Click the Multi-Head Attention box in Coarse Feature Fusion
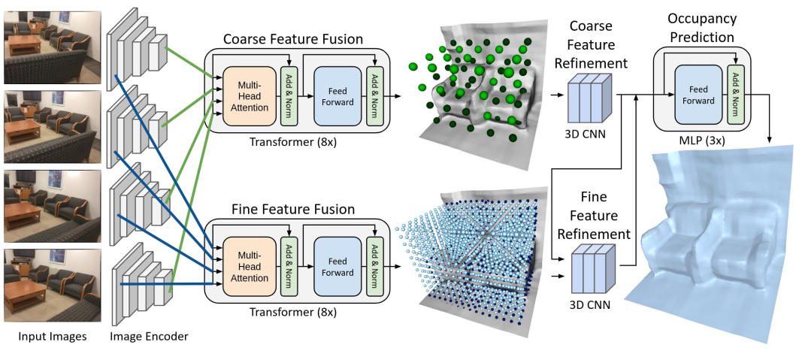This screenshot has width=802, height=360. click(x=246, y=95)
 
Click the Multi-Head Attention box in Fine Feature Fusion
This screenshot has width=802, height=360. click(x=246, y=267)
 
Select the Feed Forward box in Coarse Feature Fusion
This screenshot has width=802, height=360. click(x=337, y=96)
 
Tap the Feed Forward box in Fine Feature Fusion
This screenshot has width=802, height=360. click(x=337, y=267)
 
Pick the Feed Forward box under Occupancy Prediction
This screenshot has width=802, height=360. click(x=698, y=95)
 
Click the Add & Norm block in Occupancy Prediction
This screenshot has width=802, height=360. click(x=735, y=95)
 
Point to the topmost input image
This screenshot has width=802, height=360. click(x=52, y=47)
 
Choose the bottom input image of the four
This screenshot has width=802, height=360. click(x=52, y=284)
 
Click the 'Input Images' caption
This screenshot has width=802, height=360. click(x=52, y=337)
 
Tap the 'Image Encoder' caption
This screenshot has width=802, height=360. click(x=149, y=337)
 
